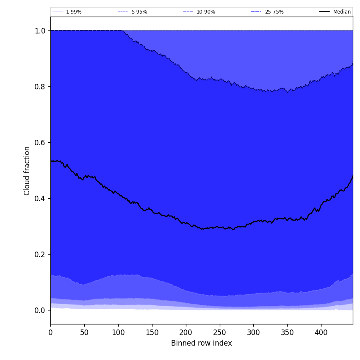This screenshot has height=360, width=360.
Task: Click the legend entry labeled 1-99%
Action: (73, 12)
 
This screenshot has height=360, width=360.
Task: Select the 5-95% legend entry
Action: (139, 12)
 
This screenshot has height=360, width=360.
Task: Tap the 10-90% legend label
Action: (205, 12)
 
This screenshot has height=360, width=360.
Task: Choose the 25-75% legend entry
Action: (274, 12)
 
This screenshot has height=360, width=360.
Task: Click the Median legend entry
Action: (341, 12)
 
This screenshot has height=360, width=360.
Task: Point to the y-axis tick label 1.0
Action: (40, 31)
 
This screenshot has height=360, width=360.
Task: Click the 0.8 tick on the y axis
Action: (40, 87)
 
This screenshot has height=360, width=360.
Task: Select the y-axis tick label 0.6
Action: (40, 143)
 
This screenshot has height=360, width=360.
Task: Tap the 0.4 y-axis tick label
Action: (40, 199)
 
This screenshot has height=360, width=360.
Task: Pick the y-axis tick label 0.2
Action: (40, 255)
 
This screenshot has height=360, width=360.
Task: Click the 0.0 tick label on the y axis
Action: (40, 310)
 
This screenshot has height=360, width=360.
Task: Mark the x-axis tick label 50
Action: (84, 332)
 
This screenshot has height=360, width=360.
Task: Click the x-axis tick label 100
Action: (118, 332)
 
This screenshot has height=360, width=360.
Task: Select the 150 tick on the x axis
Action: (152, 332)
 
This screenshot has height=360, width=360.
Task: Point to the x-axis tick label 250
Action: (219, 332)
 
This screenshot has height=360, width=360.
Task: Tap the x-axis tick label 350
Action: (287, 332)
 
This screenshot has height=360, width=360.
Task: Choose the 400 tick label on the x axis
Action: (321, 332)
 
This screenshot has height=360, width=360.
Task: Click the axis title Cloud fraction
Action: (27, 171)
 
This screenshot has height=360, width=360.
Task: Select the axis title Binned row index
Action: (202, 343)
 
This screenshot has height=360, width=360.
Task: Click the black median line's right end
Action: (352, 176)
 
